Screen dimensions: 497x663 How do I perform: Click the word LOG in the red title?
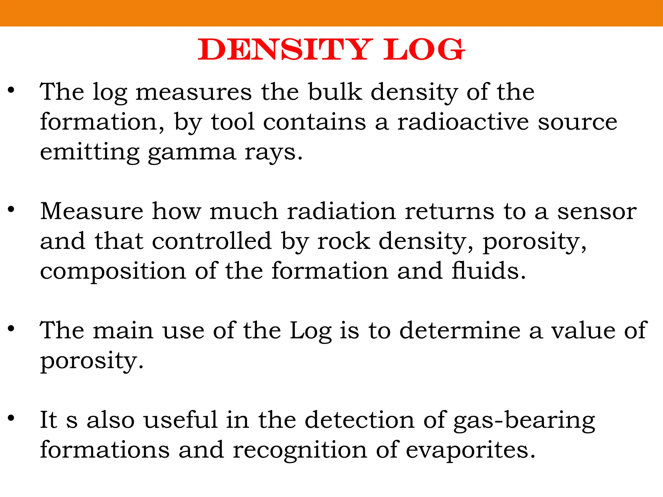[x=424, y=50]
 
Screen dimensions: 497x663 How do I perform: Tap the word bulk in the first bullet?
[x=335, y=92]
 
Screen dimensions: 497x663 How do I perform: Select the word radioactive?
[x=463, y=122]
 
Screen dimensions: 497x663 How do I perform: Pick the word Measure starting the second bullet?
[x=92, y=211]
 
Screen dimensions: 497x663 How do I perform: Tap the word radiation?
[x=342, y=211]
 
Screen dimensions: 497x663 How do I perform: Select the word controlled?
[x=212, y=241]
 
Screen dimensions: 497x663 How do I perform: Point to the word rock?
[x=343, y=241]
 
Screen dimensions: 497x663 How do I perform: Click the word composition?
[x=113, y=271]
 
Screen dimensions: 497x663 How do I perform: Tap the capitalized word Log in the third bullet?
[x=310, y=331]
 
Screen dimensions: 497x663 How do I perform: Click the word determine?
[x=460, y=330]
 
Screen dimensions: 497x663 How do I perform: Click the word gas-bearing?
[x=524, y=420]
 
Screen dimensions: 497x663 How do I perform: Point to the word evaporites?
[x=470, y=450]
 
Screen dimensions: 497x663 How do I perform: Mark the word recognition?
[x=300, y=450]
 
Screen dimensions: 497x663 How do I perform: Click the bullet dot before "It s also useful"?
[x=11, y=418]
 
